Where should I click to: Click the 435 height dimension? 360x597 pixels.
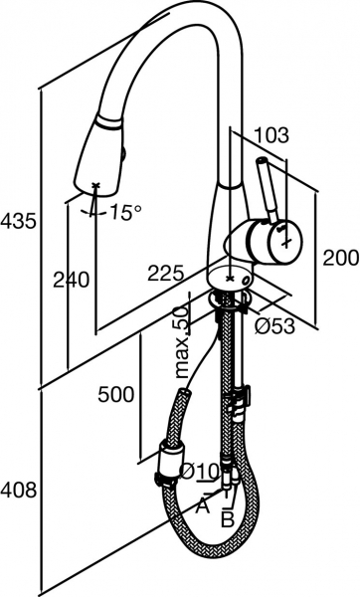(x=18, y=221)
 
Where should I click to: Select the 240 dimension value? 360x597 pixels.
(x=72, y=280)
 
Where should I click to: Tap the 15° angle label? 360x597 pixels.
(x=126, y=212)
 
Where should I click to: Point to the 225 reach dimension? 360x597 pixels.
(x=166, y=273)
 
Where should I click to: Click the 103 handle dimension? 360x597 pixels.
(x=271, y=134)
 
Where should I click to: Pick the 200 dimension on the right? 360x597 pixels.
(x=341, y=258)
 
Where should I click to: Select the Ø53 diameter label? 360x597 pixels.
(x=274, y=325)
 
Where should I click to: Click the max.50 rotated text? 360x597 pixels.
(x=182, y=341)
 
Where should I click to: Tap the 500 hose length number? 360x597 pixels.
(x=116, y=394)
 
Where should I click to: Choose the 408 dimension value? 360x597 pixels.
(x=19, y=490)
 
